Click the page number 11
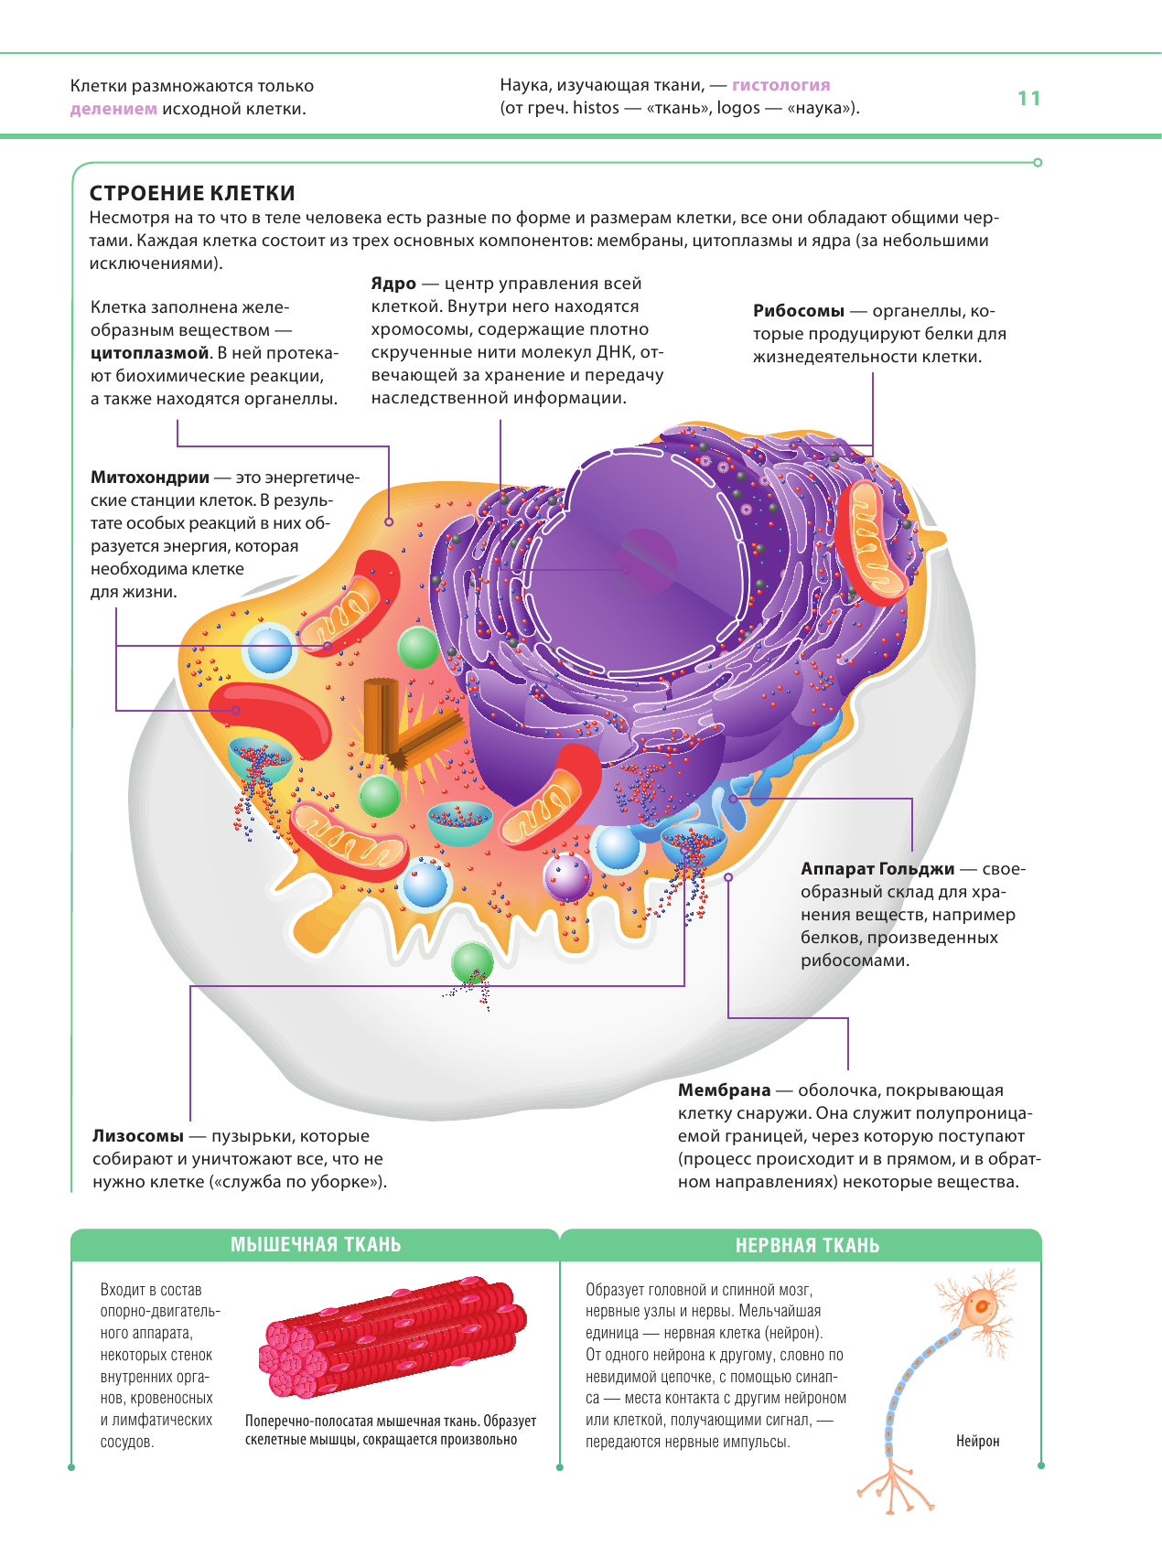pos(1028,99)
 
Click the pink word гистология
pos(780,85)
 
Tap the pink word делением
pos(113,109)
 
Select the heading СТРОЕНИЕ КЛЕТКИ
pos(192,193)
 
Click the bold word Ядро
pos(393,284)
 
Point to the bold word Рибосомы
pos(798,311)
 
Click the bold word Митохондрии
pos(150,478)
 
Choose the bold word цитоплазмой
pos(150,353)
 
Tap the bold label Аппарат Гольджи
pos(877,869)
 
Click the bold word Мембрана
pos(724,1090)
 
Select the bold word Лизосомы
pos(138,1136)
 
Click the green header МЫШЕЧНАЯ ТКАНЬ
pos(316,1245)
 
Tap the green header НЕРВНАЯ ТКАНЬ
pos(807,1246)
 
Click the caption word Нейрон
pos(977,1442)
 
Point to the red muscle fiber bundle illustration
pos(393,1336)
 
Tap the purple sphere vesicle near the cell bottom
pos(567,876)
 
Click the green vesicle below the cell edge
pos(472,963)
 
